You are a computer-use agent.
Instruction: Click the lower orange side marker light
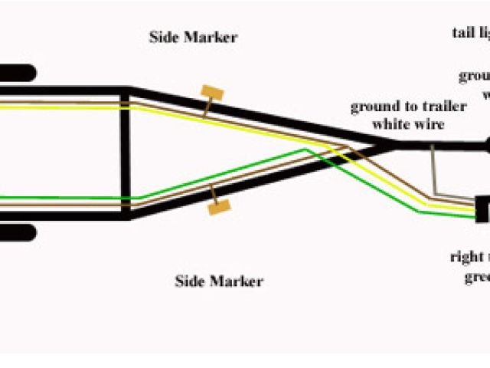(219, 205)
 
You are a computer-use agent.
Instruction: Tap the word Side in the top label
(163, 37)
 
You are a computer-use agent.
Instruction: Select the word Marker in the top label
(211, 37)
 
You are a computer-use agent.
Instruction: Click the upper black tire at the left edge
(18, 74)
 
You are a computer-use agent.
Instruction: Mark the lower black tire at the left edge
(18, 232)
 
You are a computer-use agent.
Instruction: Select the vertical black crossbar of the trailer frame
(124, 153)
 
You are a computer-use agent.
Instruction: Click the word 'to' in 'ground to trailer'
(403, 107)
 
